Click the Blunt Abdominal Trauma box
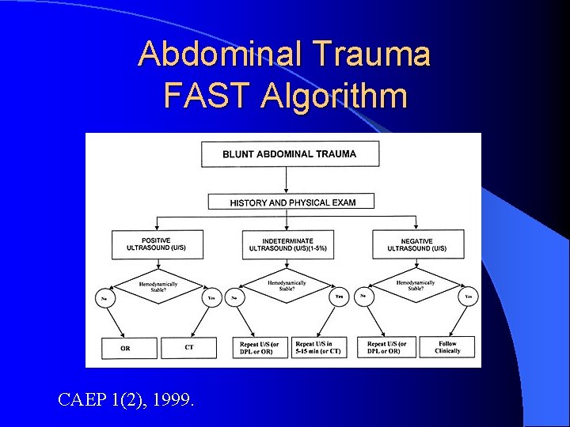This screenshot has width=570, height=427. click(x=290, y=154)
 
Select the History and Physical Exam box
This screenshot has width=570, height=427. click(x=291, y=202)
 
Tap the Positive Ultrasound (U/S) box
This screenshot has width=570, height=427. click(x=158, y=244)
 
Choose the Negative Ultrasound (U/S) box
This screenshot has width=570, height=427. click(x=416, y=244)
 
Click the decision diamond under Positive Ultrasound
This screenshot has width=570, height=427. click(x=158, y=286)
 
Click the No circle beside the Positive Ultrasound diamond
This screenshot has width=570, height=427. click(x=104, y=299)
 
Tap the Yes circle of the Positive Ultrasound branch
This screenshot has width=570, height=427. click(x=211, y=299)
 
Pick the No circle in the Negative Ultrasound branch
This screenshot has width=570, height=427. click(x=363, y=297)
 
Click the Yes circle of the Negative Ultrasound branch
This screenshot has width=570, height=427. click(x=469, y=298)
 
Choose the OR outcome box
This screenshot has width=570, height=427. click(x=125, y=348)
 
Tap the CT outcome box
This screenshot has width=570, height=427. click(x=188, y=348)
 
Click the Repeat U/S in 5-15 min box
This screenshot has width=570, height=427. click(x=317, y=347)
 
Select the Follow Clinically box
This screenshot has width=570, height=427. click(x=447, y=347)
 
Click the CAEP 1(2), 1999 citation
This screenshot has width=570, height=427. click(x=125, y=400)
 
